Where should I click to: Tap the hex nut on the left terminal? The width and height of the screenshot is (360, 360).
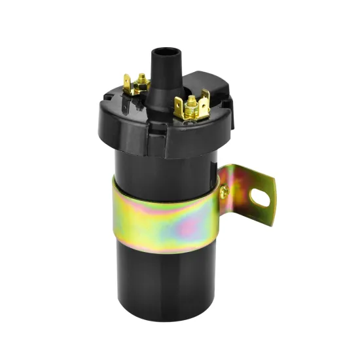pyautogui.click(x=141, y=83)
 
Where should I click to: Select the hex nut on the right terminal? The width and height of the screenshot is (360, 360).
pyautogui.click(x=192, y=103)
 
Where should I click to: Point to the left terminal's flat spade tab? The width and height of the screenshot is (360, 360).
pyautogui.click(x=128, y=82)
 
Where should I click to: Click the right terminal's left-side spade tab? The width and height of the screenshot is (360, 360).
pyautogui.click(x=179, y=105)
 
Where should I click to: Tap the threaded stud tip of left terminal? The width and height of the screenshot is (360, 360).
pyautogui.click(x=141, y=78)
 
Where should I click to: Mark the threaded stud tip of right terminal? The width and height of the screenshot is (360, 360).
pyautogui.click(x=191, y=98)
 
